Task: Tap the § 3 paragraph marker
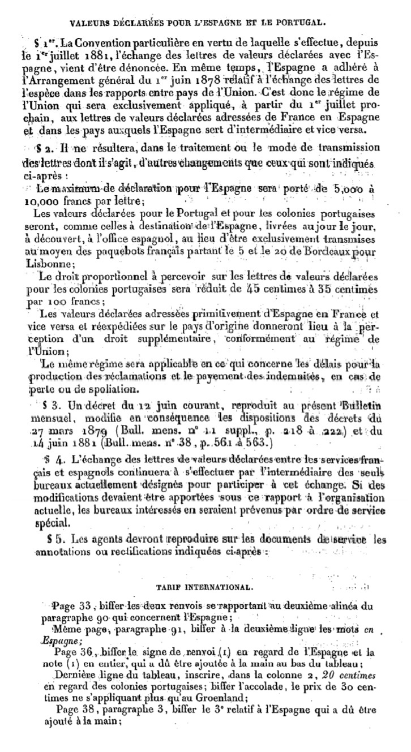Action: (x=52, y=407)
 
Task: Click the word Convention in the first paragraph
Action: (x=93, y=44)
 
